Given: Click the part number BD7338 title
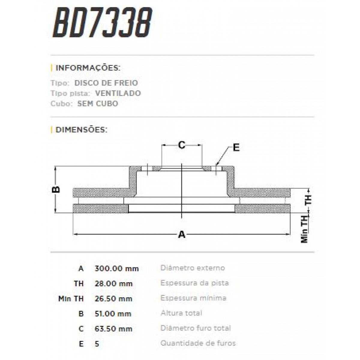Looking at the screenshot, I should (x=102, y=23).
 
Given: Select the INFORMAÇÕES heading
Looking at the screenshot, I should (x=88, y=68).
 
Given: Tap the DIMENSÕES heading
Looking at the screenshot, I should (x=81, y=130).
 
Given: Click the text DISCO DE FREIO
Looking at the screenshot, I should (x=106, y=83).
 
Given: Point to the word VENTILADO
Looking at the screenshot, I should (x=118, y=93).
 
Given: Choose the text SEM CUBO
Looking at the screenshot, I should (x=98, y=104).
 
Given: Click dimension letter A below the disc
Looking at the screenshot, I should (x=182, y=234).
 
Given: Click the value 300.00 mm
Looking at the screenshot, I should (x=117, y=268).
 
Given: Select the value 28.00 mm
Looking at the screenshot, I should (x=113, y=283).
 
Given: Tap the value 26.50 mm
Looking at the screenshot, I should (x=113, y=299).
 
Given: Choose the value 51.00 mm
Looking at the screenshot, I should (x=113, y=314).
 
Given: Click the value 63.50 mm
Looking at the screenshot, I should (x=113, y=329).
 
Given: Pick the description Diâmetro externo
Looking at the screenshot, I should (x=193, y=268).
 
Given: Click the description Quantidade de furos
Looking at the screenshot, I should (x=198, y=343).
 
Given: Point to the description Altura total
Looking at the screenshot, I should (x=181, y=313).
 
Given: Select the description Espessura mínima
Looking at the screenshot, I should (x=193, y=298).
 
